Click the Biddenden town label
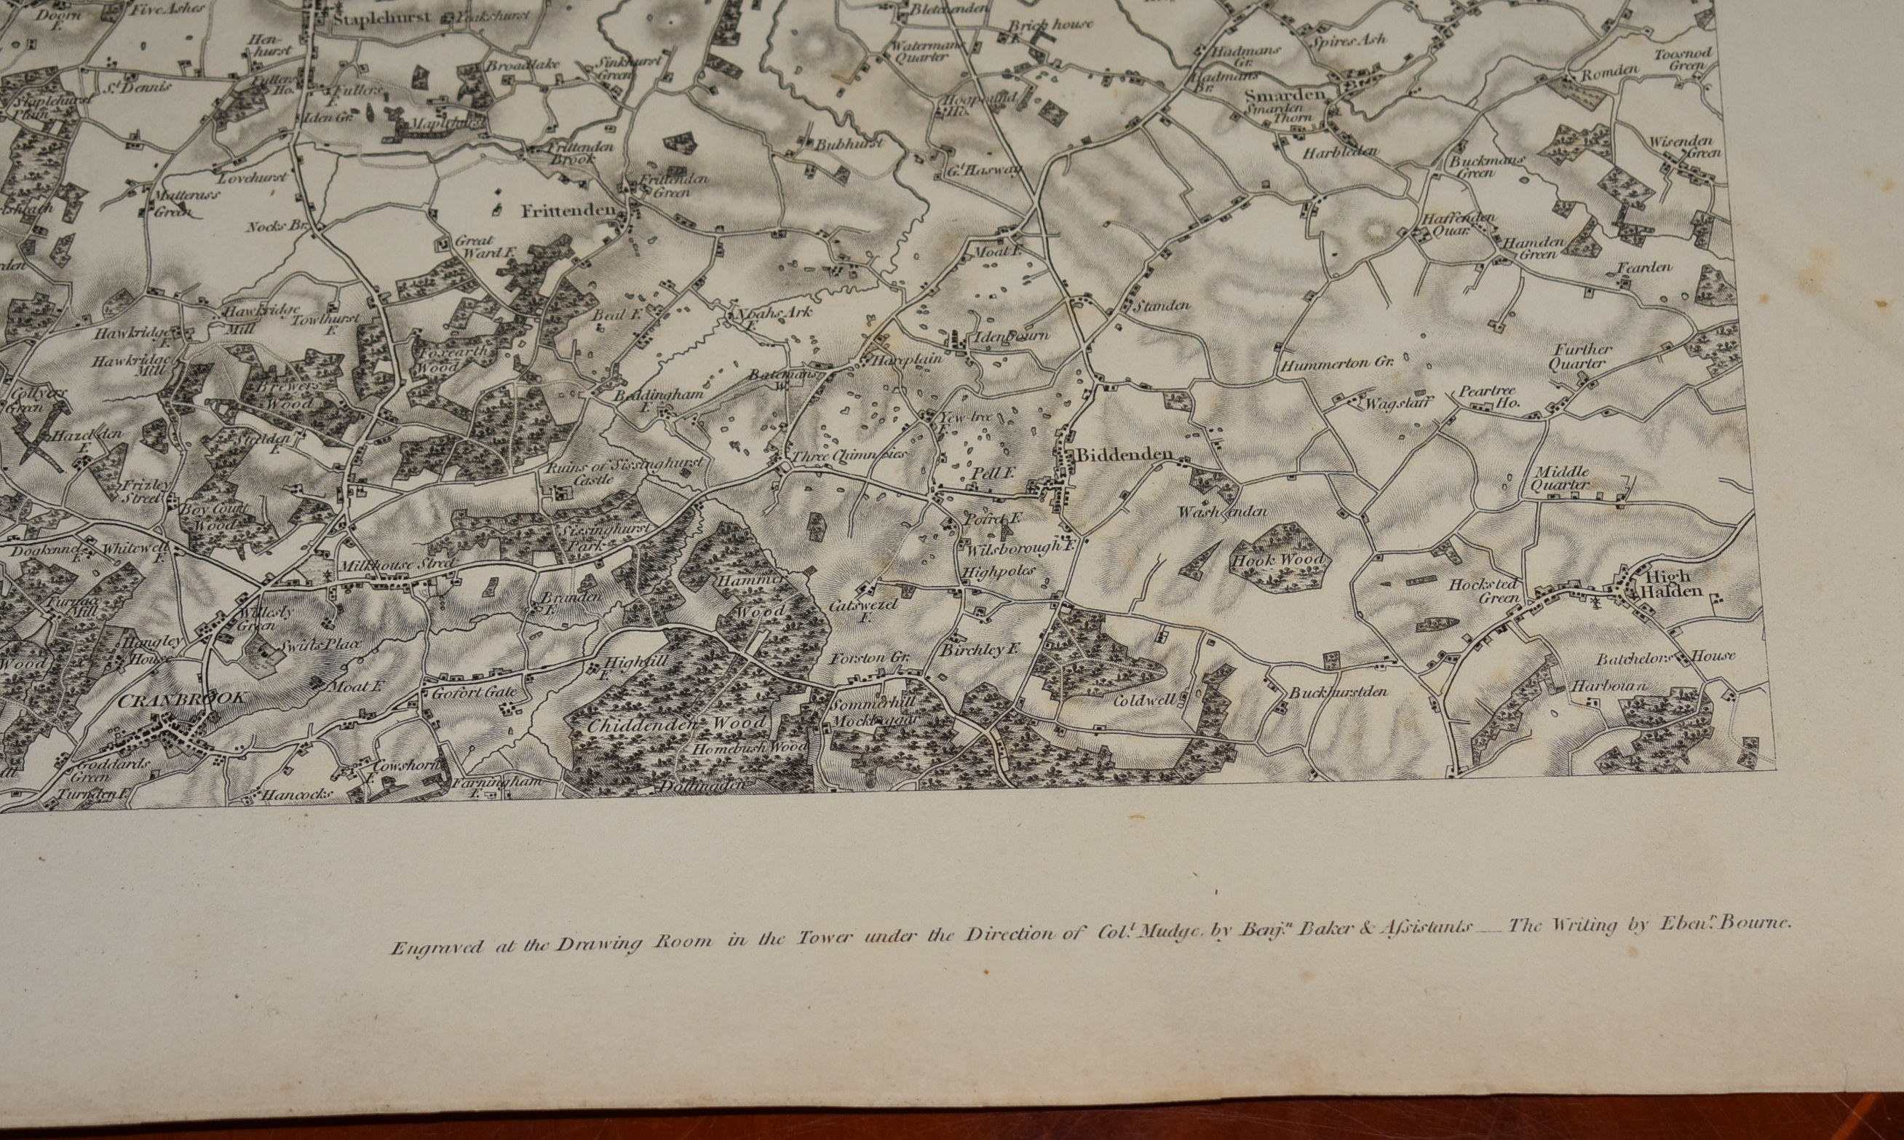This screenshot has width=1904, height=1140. pos(1124,456)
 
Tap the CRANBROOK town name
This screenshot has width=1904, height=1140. pos(183,698)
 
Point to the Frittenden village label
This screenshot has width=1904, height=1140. pos(568,210)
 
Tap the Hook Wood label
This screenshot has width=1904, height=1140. pos(1279,560)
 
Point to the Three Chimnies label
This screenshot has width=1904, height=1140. pos(849,455)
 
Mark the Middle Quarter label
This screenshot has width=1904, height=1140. pos(1560,478)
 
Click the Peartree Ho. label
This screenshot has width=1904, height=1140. pos(1488,397)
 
